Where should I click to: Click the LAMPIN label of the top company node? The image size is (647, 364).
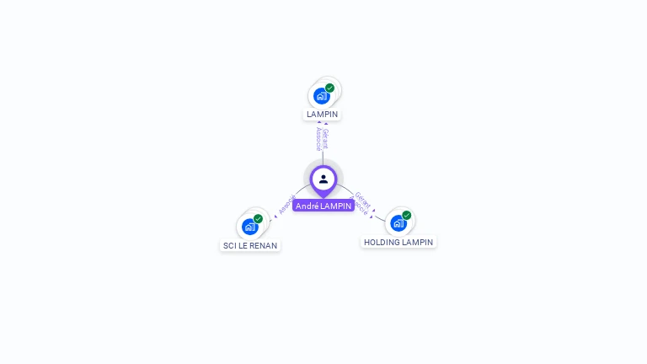click(x=323, y=114)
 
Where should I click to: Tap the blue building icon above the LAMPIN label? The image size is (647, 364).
click(x=321, y=96)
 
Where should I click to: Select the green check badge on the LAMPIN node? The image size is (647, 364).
click(x=329, y=88)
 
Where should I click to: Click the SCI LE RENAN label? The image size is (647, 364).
click(x=250, y=245)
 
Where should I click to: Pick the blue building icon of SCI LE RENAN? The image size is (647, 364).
click(x=249, y=227)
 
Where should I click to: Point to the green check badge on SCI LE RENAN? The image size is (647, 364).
click(x=258, y=219)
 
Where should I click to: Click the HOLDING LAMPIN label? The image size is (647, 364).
click(x=398, y=242)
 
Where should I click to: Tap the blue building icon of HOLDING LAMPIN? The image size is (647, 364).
click(x=398, y=223)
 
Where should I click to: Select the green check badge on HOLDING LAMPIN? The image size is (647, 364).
click(x=406, y=216)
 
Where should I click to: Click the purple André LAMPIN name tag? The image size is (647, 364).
click(x=323, y=206)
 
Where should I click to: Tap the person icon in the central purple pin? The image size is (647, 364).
click(x=323, y=179)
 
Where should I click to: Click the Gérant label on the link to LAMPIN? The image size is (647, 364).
click(x=326, y=138)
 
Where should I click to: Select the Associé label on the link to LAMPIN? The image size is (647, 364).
click(x=318, y=138)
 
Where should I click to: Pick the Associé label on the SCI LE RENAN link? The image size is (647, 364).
click(x=286, y=205)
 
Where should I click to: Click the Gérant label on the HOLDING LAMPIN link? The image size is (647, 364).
click(x=363, y=200)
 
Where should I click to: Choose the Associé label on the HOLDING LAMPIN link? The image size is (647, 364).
click(x=358, y=207)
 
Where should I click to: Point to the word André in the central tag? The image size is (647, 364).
click(x=307, y=206)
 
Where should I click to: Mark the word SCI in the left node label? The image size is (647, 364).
click(x=229, y=245)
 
